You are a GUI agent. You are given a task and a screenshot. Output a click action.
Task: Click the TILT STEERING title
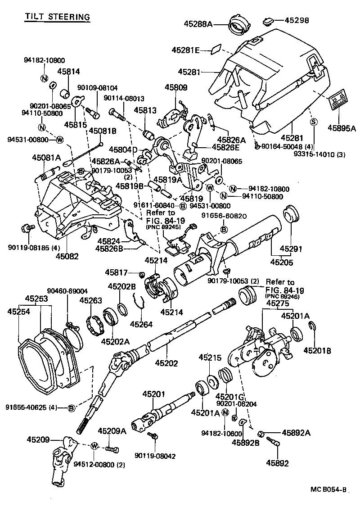(x=57, y=17)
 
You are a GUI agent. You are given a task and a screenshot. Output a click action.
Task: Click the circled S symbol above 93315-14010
(x=314, y=122)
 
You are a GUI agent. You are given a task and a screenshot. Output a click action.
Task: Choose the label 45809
(x=176, y=87)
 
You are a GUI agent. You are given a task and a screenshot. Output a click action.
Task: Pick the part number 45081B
(x=102, y=131)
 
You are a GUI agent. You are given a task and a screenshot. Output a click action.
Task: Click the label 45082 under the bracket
(x=67, y=257)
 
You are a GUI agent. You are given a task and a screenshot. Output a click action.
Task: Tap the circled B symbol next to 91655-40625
(x=71, y=408)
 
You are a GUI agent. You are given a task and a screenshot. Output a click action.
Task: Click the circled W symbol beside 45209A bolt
(x=94, y=446)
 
